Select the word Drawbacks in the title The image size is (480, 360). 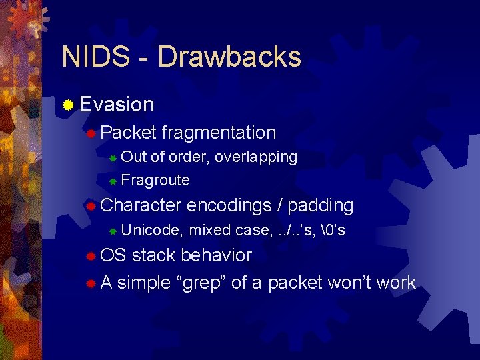[x=229, y=57]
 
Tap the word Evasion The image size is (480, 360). [x=117, y=104]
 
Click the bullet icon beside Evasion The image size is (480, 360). [x=67, y=105]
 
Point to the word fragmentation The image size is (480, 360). [x=219, y=133]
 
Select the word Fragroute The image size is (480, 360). [x=155, y=180]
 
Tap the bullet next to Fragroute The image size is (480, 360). [x=113, y=181]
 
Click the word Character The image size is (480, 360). [x=140, y=205]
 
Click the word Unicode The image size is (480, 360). [x=152, y=231]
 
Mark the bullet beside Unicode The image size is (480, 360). [x=113, y=231]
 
